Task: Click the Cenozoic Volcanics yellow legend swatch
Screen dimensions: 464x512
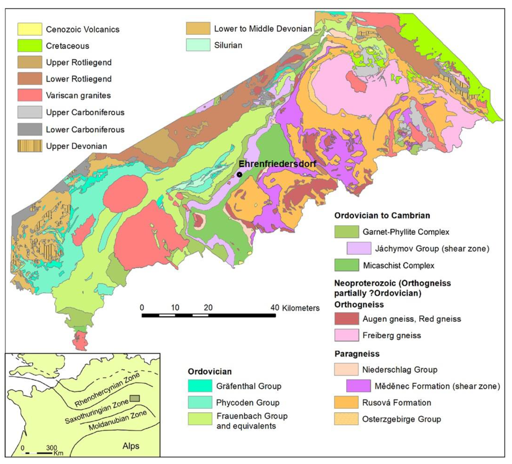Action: [x=30, y=29]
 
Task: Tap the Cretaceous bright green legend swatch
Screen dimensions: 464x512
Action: [x=30, y=46]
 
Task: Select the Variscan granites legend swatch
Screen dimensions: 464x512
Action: [x=30, y=95]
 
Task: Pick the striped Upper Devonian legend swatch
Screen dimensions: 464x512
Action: [x=30, y=146]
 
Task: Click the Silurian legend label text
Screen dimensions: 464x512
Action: [x=228, y=45]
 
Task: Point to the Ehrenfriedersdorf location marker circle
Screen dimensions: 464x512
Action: [x=239, y=175]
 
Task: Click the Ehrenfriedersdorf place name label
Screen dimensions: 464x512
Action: [x=277, y=164]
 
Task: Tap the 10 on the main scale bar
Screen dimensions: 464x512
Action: [x=175, y=308]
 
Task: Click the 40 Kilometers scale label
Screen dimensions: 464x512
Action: [x=295, y=308]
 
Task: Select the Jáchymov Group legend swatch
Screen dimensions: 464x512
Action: [x=359, y=248]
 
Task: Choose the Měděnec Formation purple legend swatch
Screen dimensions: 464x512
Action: [x=358, y=386]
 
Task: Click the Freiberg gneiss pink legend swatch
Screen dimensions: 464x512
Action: [x=346, y=335]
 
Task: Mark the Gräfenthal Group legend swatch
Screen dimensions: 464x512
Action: [x=200, y=386]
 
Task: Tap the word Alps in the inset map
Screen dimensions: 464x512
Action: [x=131, y=446]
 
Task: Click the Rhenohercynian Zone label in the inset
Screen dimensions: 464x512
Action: [x=107, y=390]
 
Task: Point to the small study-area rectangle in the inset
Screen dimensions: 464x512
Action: [x=135, y=398]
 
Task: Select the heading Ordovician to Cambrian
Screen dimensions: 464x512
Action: [x=382, y=215]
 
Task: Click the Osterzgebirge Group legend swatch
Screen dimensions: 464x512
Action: [x=346, y=419]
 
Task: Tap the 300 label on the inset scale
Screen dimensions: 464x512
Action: [x=52, y=447]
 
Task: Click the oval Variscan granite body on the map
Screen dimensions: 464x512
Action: [x=125, y=193]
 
